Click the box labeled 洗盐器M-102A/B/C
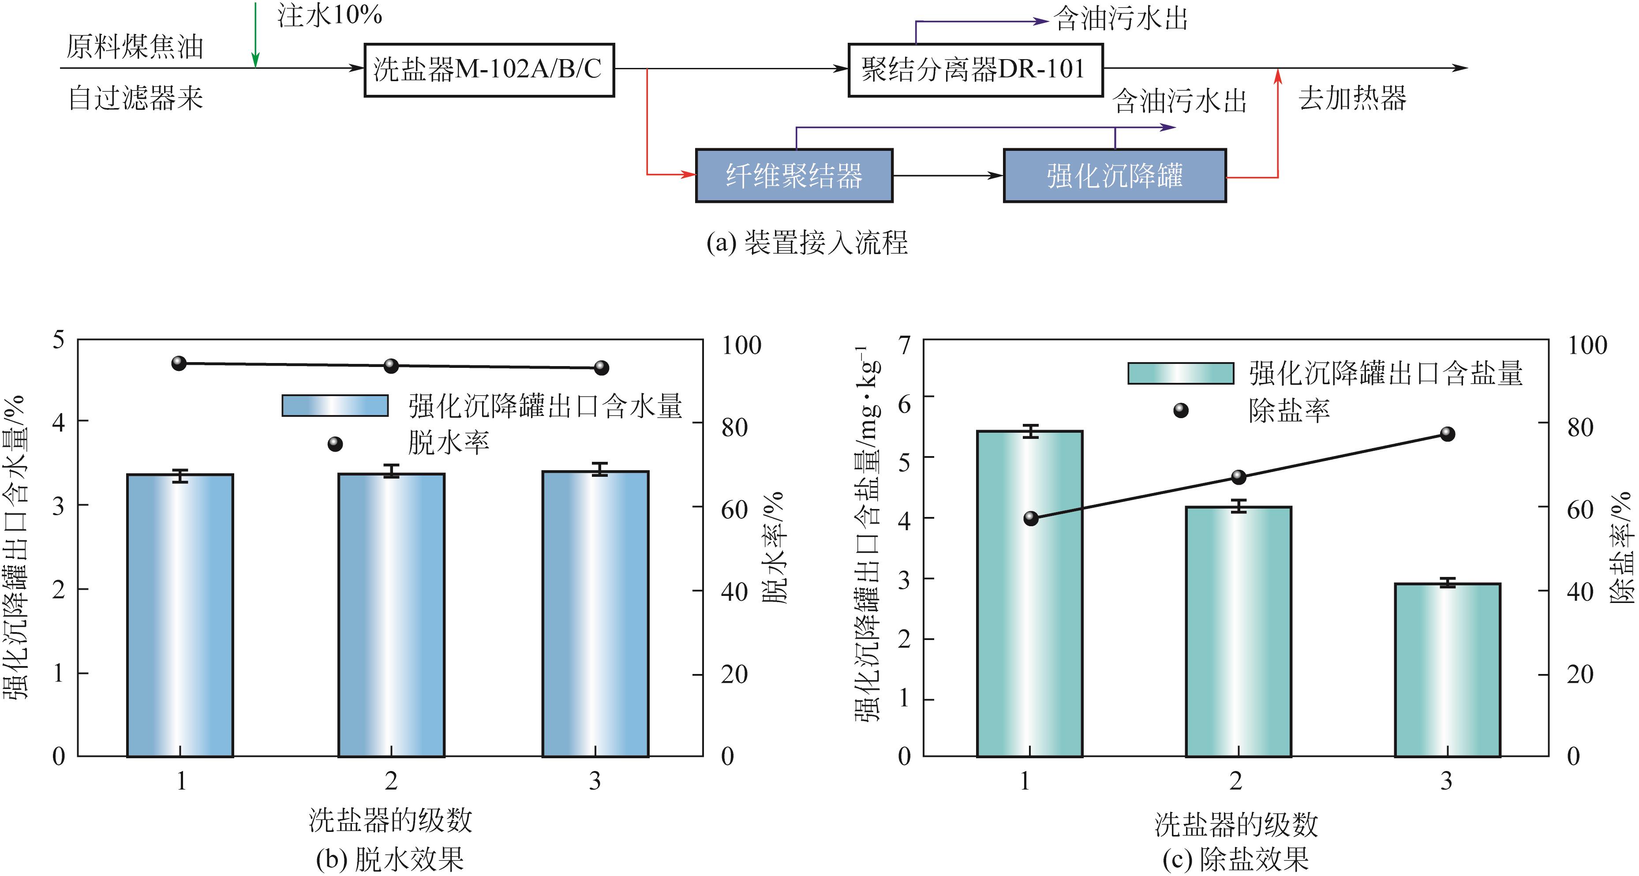pyautogui.click(x=489, y=69)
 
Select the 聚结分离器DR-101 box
pyautogui.click(x=975, y=69)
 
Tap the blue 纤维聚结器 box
pyautogui.click(x=793, y=176)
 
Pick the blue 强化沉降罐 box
pyautogui.click(x=1114, y=176)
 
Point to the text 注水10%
pyautogui.click(x=329, y=15)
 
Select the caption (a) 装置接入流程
pyautogui.click(x=807, y=243)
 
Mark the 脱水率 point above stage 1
pyautogui.click(x=180, y=363)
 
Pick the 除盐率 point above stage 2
pyautogui.click(x=1238, y=477)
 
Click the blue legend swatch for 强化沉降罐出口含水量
pyautogui.click(x=335, y=406)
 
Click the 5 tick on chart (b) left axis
pyautogui.click(x=59, y=341)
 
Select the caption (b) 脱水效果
pyautogui.click(x=389, y=859)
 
